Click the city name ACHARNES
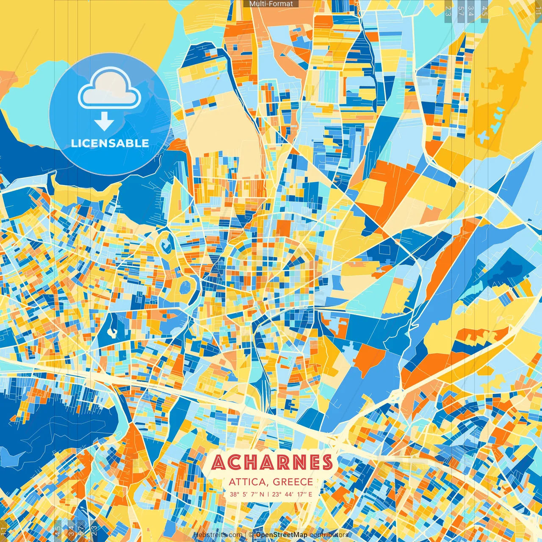click(x=272, y=462)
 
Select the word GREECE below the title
click(x=293, y=482)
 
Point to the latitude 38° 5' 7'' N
click(x=247, y=494)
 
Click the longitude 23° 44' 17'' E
click(x=292, y=494)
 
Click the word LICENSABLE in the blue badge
click(x=110, y=143)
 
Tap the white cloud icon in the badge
click(x=110, y=89)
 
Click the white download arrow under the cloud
click(x=104, y=122)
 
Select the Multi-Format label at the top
click(x=271, y=4)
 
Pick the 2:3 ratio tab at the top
click(x=448, y=11)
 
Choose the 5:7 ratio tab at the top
click(x=461, y=11)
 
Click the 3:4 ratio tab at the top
click(x=471, y=11)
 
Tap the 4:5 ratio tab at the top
click(x=484, y=11)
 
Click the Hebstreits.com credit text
click(x=218, y=535)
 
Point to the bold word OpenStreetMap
click(x=281, y=535)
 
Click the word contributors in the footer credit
click(x=329, y=535)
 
